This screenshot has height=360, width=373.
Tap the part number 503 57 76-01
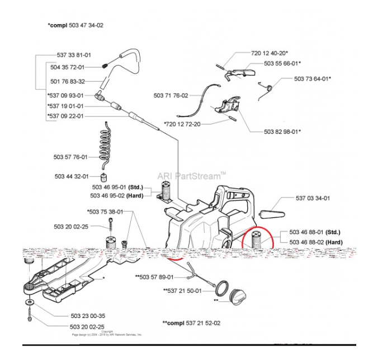[x=71, y=157]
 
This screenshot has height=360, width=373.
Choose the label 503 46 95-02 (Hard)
[x=117, y=195]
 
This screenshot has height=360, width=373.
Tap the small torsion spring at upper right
[x=269, y=88]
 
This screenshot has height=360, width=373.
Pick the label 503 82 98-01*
[x=282, y=132]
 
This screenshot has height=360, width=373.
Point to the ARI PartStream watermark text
[x=192, y=175]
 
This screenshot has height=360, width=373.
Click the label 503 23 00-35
[x=87, y=316]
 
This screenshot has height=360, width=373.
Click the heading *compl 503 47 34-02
[x=76, y=25]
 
